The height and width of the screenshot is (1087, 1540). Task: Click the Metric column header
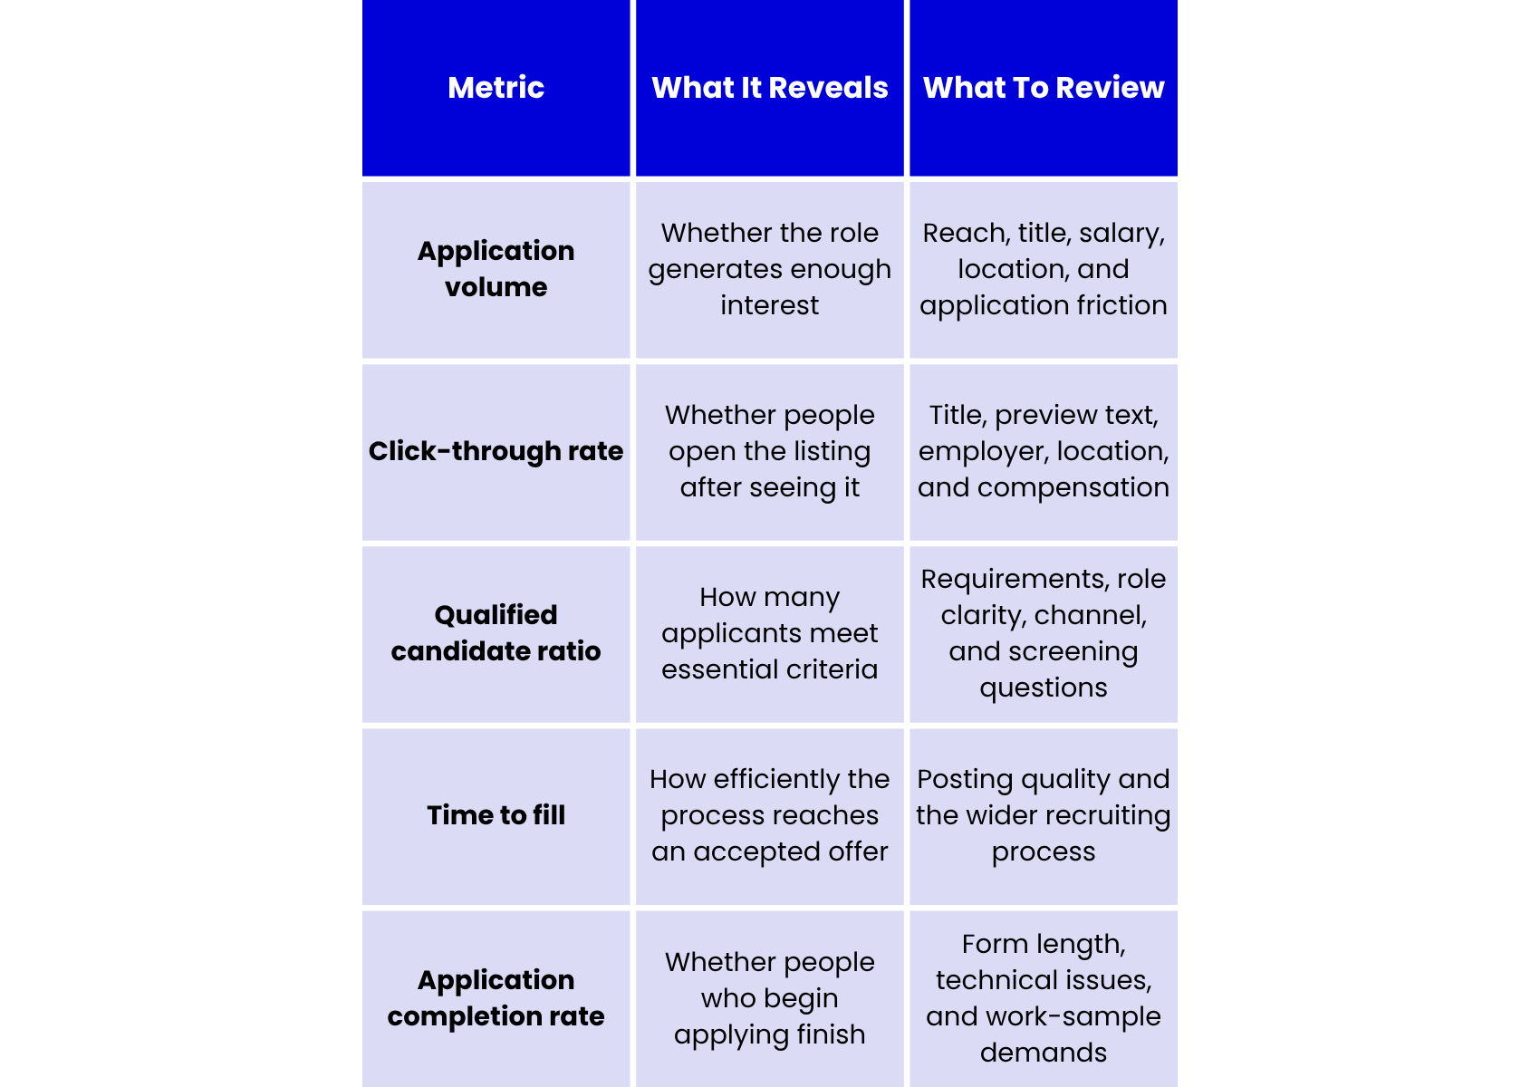pyautogui.click(x=496, y=88)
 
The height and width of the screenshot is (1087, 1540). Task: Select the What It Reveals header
pyautogui.click(x=769, y=88)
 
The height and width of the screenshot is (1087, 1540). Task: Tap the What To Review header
pyautogui.click(x=1043, y=88)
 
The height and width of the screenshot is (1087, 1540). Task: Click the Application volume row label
pyautogui.click(x=496, y=269)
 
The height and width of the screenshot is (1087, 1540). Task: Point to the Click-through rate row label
pyautogui.click(x=496, y=451)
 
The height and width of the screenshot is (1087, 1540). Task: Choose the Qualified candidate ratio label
pyautogui.click(x=496, y=632)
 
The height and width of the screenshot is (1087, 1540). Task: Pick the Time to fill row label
pyautogui.click(x=496, y=814)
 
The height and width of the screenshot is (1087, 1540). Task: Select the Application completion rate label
pyautogui.click(x=496, y=997)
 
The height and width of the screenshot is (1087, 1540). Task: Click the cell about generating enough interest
pyautogui.click(x=769, y=269)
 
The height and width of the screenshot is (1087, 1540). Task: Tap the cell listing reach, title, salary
pyautogui.click(x=1043, y=269)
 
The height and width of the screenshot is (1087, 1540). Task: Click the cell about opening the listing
pyautogui.click(x=769, y=451)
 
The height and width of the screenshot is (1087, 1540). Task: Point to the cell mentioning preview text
pyautogui.click(x=1043, y=451)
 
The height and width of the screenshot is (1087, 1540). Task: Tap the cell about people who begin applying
pyautogui.click(x=769, y=997)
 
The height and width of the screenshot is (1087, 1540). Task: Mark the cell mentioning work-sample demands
pyautogui.click(x=1043, y=997)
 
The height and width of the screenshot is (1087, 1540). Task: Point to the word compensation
pyautogui.click(x=1073, y=487)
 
